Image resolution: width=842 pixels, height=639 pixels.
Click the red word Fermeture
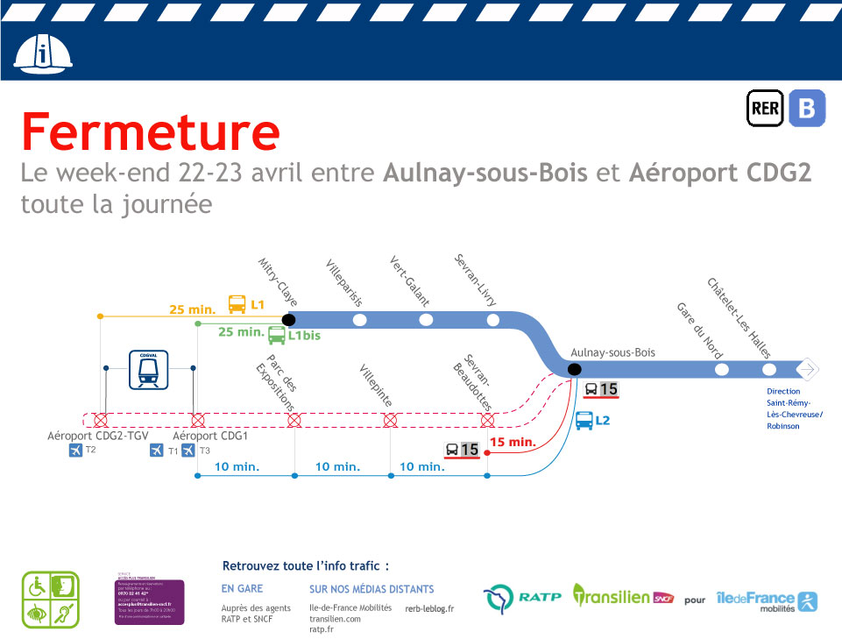coord(151,132)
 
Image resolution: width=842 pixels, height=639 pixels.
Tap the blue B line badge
coord(806,109)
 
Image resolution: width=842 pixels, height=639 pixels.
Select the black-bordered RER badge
coord(765,109)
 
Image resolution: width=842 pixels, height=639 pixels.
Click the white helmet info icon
coord(43,55)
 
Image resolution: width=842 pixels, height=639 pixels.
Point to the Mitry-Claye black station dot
coord(289,320)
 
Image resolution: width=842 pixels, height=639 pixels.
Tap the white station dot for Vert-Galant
coord(426,320)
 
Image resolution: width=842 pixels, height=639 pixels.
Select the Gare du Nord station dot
coord(721,370)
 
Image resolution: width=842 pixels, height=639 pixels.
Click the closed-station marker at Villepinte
coord(391,421)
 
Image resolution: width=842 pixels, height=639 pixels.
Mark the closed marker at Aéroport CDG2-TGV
coord(101,420)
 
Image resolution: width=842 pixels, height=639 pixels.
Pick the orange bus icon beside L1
coord(237,305)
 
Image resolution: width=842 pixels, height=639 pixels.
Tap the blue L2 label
coord(602,421)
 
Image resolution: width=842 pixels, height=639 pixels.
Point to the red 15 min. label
coord(513,443)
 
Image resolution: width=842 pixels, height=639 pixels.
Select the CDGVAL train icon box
coord(149,370)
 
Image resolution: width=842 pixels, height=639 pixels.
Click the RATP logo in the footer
coord(521,599)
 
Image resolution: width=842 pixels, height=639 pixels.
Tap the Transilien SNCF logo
coord(624,597)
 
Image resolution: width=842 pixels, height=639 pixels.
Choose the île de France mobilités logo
coord(766,600)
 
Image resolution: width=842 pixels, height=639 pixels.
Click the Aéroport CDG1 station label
coord(210,436)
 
